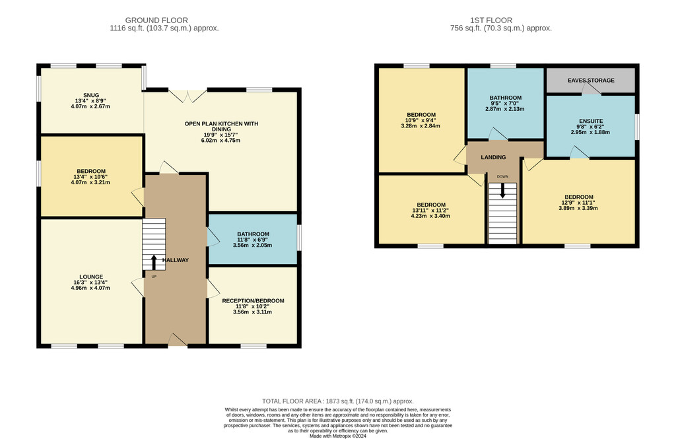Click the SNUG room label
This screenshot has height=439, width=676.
coord(91,95)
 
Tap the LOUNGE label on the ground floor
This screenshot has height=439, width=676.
coord(91,277)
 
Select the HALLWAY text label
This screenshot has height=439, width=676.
coord(176,260)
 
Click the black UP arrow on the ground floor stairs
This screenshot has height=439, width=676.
coord(154,262)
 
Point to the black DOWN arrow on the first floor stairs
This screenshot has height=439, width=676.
coord(502,190)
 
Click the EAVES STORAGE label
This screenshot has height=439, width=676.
coord(591,81)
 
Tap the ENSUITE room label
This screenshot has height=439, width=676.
coord(591,121)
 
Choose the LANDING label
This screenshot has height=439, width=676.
coord(493,157)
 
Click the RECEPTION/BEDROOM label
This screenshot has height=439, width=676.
coord(253,300)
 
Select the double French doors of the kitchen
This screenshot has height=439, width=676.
coord(188,96)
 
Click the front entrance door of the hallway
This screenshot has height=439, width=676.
coord(178,340)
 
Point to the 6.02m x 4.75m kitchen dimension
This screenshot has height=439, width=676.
coord(220,140)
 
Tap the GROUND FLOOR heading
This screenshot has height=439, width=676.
coord(156,20)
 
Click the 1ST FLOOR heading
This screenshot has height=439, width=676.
coord(491,20)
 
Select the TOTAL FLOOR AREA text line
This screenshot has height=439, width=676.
coord(338,401)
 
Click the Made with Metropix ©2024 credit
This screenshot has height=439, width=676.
coord(338,436)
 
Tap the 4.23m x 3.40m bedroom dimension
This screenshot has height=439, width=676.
coord(430,216)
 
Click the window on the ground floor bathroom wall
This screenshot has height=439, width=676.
coord(299,238)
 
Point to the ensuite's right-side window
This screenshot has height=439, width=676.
coord(637,127)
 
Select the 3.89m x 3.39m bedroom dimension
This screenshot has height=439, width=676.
coord(578,208)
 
